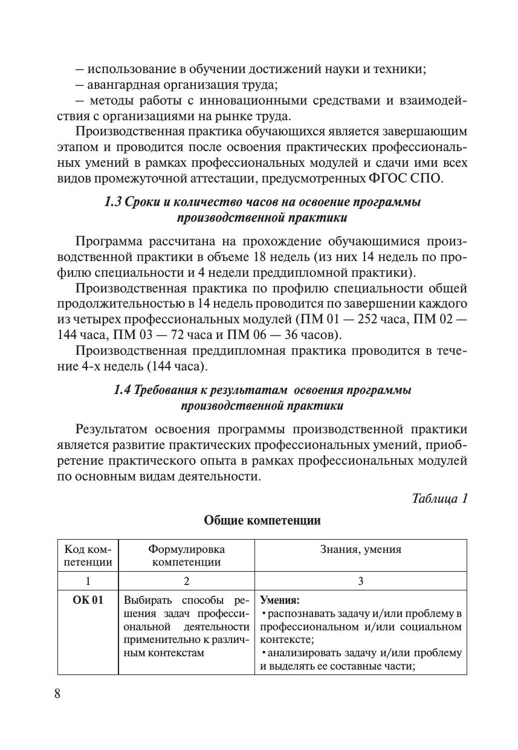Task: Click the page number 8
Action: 57,693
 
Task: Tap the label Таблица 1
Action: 439,499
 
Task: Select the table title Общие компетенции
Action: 262,520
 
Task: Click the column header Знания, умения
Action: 360,549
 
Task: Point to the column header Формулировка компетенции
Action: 186,555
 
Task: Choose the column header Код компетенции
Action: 88,555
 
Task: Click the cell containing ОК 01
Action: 88,600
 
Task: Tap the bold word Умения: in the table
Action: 280,601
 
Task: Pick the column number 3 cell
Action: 360,581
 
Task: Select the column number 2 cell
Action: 186,581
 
